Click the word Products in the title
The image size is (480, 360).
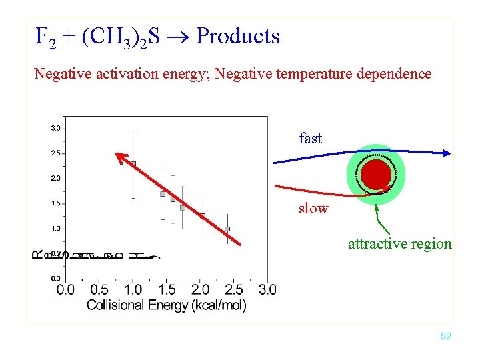pyautogui.click(x=238, y=36)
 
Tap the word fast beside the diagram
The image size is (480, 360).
pyautogui.click(x=310, y=139)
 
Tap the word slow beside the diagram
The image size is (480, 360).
pyautogui.click(x=313, y=209)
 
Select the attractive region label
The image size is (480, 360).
pyautogui.click(x=399, y=244)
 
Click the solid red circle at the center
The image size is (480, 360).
pyautogui.click(x=376, y=175)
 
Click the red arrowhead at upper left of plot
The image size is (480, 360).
pyautogui.click(x=121, y=158)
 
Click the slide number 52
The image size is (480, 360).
pyautogui.click(x=446, y=337)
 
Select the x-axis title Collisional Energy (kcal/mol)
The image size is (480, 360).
pyautogui.click(x=167, y=305)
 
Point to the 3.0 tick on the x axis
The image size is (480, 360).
pyautogui.click(x=267, y=289)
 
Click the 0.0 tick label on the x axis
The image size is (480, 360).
pyautogui.click(x=65, y=289)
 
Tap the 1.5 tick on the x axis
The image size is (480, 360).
pyautogui.click(x=167, y=289)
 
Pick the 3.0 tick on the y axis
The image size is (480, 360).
pyautogui.click(x=56, y=128)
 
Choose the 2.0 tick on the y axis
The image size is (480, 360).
pyautogui.click(x=56, y=179)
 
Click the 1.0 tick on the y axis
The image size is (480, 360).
pyautogui.click(x=56, y=229)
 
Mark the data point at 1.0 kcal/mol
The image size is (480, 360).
pyautogui.click(x=133, y=163)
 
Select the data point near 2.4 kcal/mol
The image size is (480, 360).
pyautogui.click(x=227, y=229)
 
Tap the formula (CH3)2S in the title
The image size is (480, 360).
pyautogui.click(x=120, y=37)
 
